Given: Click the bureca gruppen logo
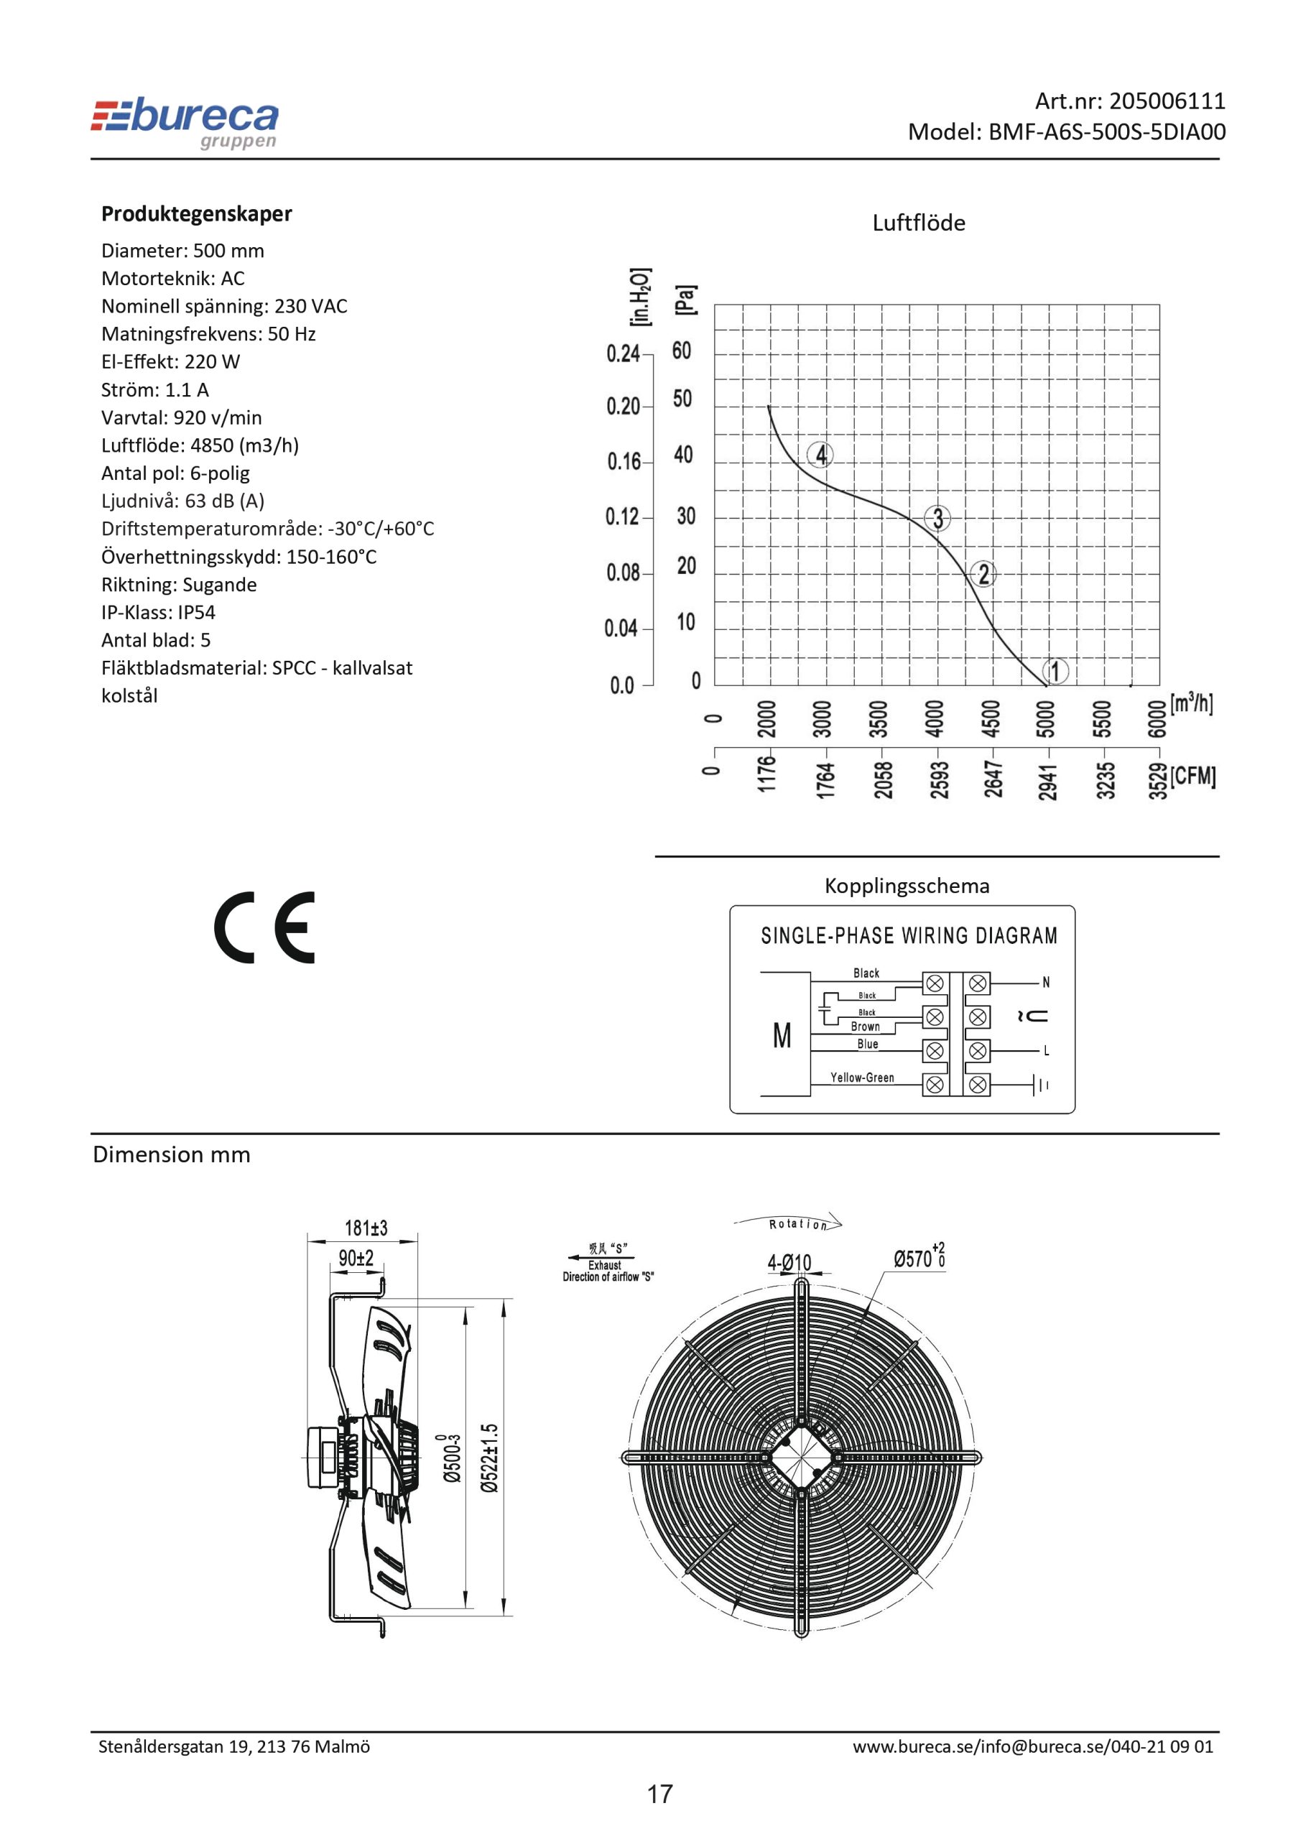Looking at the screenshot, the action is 185,124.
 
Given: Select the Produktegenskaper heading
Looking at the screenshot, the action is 196,214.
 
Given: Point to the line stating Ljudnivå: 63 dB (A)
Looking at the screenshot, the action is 182,501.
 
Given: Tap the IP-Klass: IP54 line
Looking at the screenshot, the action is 158,612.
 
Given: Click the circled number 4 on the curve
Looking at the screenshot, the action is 820,455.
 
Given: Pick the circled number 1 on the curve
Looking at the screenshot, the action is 1055,671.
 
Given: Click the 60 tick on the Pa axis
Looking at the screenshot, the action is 682,351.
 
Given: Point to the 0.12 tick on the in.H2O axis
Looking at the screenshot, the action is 621,517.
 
